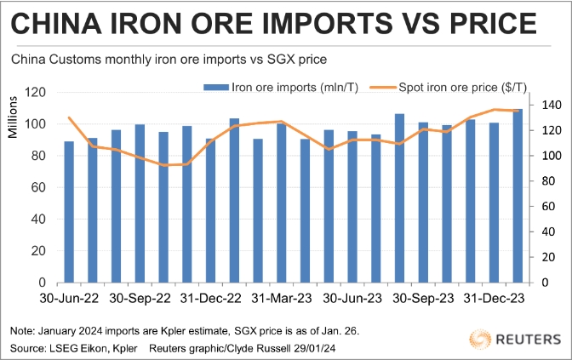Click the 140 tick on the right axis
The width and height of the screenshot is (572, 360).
[550, 105]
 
